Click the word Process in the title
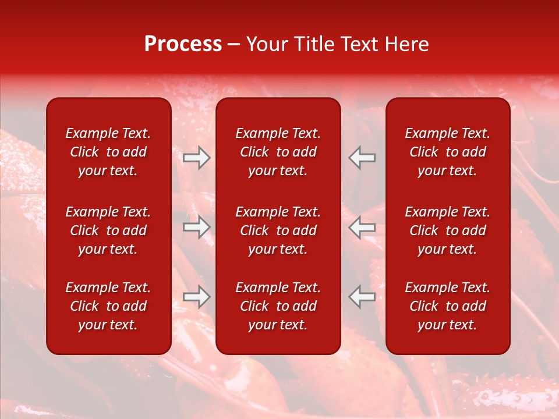(x=183, y=44)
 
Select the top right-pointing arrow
(x=196, y=158)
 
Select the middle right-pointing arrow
(x=196, y=227)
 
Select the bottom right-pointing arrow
(x=196, y=297)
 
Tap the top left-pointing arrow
(x=362, y=158)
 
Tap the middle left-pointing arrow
(x=362, y=227)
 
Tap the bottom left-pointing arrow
(x=362, y=297)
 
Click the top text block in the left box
(x=108, y=152)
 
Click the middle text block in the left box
(x=108, y=230)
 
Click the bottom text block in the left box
(x=108, y=306)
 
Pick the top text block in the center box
(x=278, y=152)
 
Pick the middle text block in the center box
(x=278, y=230)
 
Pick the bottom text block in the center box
(x=278, y=306)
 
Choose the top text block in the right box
(x=447, y=152)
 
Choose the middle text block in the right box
(x=447, y=230)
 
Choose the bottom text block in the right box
(x=447, y=306)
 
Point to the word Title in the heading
(x=313, y=44)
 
